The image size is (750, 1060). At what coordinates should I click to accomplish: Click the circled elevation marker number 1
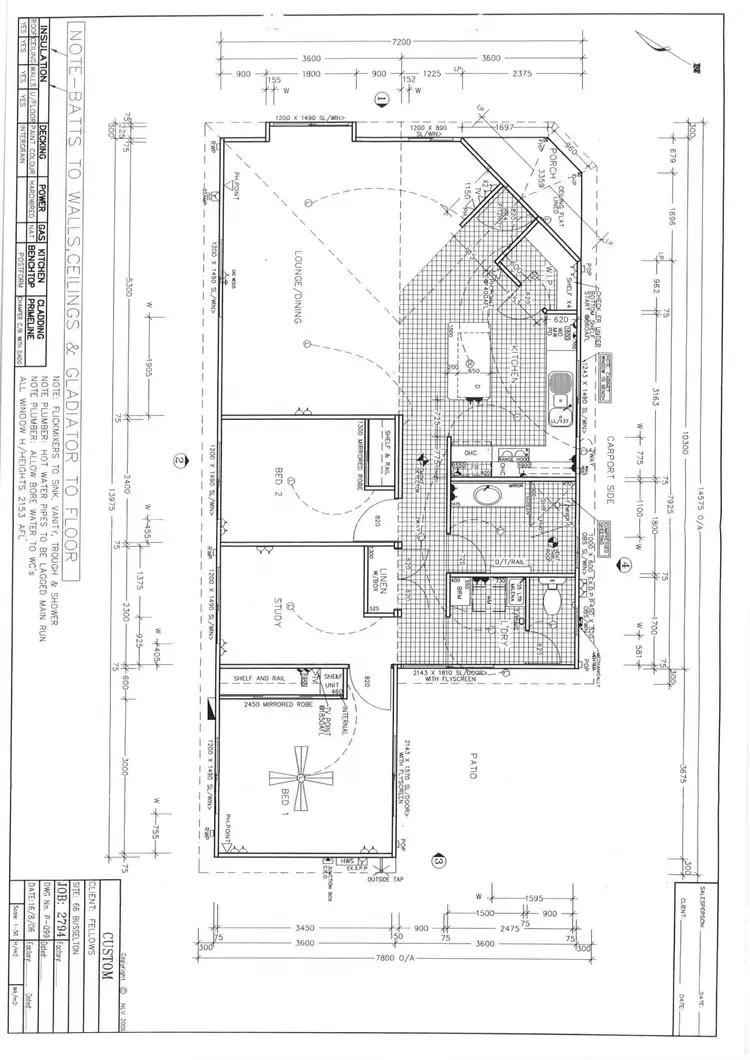point(380,98)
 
